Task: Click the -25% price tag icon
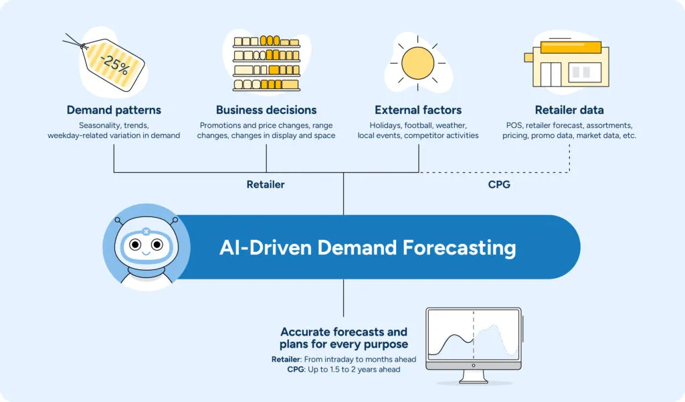tap(113, 63)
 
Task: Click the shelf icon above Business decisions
tap(266, 63)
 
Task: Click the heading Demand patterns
tap(114, 110)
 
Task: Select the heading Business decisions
tap(266, 110)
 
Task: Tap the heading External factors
tap(418, 110)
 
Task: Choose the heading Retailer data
tap(569, 110)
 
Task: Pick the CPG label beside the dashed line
tap(499, 184)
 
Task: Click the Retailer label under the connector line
tap(266, 184)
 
